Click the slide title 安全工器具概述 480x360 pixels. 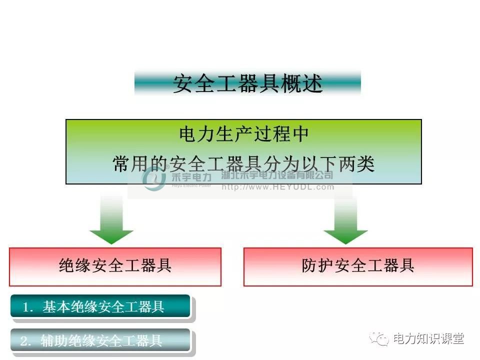247,83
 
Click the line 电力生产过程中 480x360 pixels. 243,134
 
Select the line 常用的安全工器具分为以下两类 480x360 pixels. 243,163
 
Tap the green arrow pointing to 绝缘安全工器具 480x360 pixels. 111,220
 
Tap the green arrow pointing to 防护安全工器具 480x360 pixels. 345,220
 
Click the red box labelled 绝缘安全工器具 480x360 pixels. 115,266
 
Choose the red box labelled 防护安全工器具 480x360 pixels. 358,266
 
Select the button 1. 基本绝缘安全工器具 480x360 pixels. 100,306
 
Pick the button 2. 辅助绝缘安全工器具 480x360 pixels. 100,341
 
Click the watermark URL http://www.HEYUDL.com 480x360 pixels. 277,187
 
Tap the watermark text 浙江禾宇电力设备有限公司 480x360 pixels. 277,175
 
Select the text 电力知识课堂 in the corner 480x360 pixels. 428,339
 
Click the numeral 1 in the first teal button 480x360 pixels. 25,307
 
